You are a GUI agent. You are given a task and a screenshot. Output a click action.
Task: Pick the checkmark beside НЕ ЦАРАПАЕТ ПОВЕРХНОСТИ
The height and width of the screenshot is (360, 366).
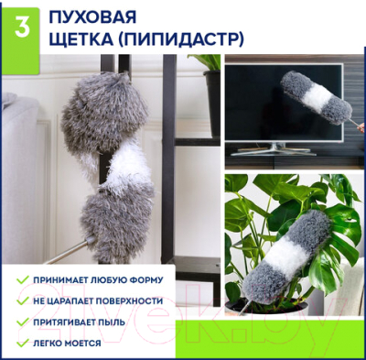pos(21,300)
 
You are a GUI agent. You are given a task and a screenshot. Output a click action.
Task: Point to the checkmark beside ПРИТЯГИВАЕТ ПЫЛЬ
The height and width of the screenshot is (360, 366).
pos(21,322)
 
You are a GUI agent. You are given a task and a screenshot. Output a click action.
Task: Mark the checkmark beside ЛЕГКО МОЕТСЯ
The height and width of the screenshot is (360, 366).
pos(21,344)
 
